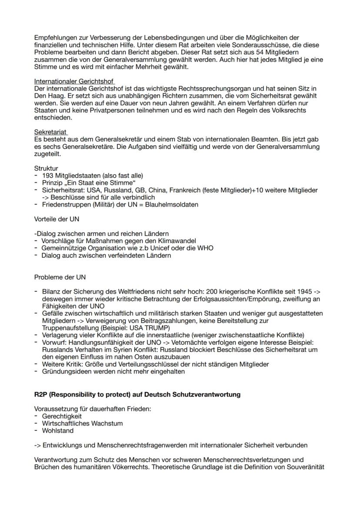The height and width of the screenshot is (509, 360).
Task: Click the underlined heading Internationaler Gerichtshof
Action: [74, 81]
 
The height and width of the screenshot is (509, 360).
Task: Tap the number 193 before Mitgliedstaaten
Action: [47, 175]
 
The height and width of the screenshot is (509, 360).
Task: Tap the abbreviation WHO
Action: [205, 248]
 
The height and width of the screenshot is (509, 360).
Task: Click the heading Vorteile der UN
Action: [57, 219]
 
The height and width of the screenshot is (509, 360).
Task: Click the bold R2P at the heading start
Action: [41, 395]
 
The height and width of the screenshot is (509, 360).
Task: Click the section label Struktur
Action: [46, 168]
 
